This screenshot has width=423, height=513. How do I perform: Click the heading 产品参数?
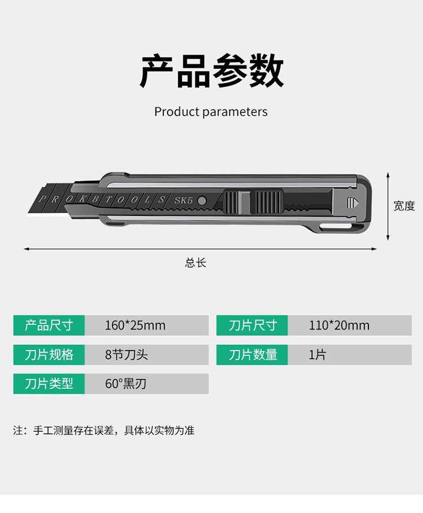pyautogui.click(x=211, y=71)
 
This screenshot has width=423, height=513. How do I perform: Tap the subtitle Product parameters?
pyautogui.click(x=211, y=112)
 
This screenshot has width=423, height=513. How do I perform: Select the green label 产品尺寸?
pyautogui.click(x=49, y=326)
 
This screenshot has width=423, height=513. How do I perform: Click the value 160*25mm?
pyautogui.click(x=135, y=326)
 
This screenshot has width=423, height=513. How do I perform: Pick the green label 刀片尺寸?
pyautogui.click(x=253, y=326)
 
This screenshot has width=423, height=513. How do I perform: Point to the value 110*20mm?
pyautogui.click(x=339, y=326)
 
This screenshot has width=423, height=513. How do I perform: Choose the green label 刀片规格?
pyautogui.click(x=49, y=355)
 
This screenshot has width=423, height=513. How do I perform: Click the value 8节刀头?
pyautogui.click(x=126, y=355)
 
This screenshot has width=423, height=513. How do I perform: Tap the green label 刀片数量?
pyautogui.click(x=253, y=355)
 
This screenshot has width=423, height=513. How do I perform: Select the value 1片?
pyautogui.click(x=318, y=355)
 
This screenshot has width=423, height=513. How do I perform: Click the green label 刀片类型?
pyautogui.click(x=49, y=384)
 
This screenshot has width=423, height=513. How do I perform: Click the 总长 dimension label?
pyautogui.click(x=196, y=263)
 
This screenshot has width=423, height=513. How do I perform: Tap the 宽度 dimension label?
pyautogui.click(x=404, y=206)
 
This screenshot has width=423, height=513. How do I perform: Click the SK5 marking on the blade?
pyautogui.click(x=183, y=200)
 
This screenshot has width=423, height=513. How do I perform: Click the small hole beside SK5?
pyautogui.click(x=202, y=201)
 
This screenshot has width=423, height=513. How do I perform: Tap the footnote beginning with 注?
pyautogui.click(x=104, y=431)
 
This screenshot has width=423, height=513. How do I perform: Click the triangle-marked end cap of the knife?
pyautogui.click(x=353, y=202)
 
